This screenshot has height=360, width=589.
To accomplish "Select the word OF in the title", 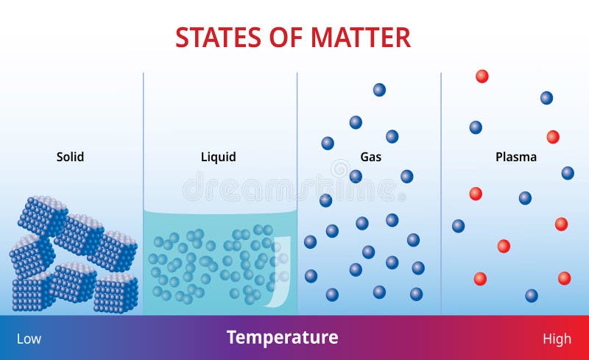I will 289,37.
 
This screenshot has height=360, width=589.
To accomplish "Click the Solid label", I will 70,157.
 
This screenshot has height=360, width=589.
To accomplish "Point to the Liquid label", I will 219,157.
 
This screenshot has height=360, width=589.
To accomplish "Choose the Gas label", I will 371,157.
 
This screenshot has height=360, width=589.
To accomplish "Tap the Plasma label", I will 516,157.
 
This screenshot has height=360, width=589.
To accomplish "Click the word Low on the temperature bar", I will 29,339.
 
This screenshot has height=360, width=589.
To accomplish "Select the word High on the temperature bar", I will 557,339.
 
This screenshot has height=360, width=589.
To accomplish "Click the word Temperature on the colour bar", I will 283,338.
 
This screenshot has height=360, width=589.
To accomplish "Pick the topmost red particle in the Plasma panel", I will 482,76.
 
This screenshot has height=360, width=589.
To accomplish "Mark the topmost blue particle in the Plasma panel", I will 546,98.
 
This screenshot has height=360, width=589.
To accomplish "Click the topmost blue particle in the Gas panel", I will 379,90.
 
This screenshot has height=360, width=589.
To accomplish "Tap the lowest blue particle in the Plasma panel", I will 532,296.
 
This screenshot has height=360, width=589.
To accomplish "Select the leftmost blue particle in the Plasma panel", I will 459,226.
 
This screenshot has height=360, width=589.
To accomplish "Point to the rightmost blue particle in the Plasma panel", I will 568,173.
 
